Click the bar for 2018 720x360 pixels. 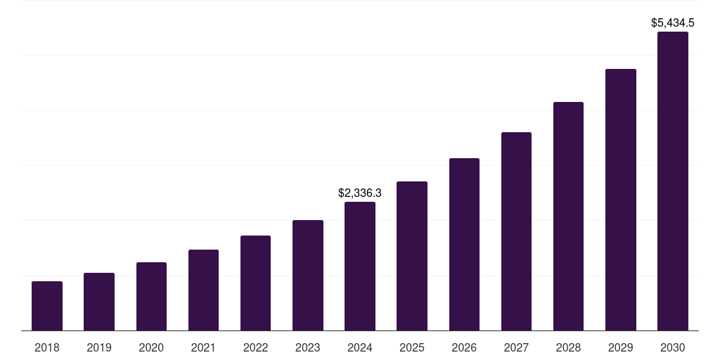coord(47,306)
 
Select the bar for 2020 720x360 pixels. coord(151,296)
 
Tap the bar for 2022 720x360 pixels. coord(255,283)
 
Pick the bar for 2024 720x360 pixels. coord(360,266)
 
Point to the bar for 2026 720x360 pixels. coord(464,244)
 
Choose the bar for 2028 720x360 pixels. coord(568,216)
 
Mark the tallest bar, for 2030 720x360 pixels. coord(673,181)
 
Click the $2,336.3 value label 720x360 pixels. coord(360,193)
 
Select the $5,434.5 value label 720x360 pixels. coord(673,23)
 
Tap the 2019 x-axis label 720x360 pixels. coord(99,347)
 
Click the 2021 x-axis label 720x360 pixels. coord(203,347)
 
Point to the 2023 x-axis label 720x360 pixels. coord(308,347)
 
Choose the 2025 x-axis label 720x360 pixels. coord(412,347)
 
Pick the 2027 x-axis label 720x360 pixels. coord(516,347)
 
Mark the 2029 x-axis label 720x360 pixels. coord(621,347)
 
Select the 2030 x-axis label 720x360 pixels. coord(673,347)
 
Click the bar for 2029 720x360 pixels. coord(621,200)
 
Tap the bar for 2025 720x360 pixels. coord(412,256)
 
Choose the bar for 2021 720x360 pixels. coord(203,290)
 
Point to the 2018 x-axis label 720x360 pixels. coord(47,347)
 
